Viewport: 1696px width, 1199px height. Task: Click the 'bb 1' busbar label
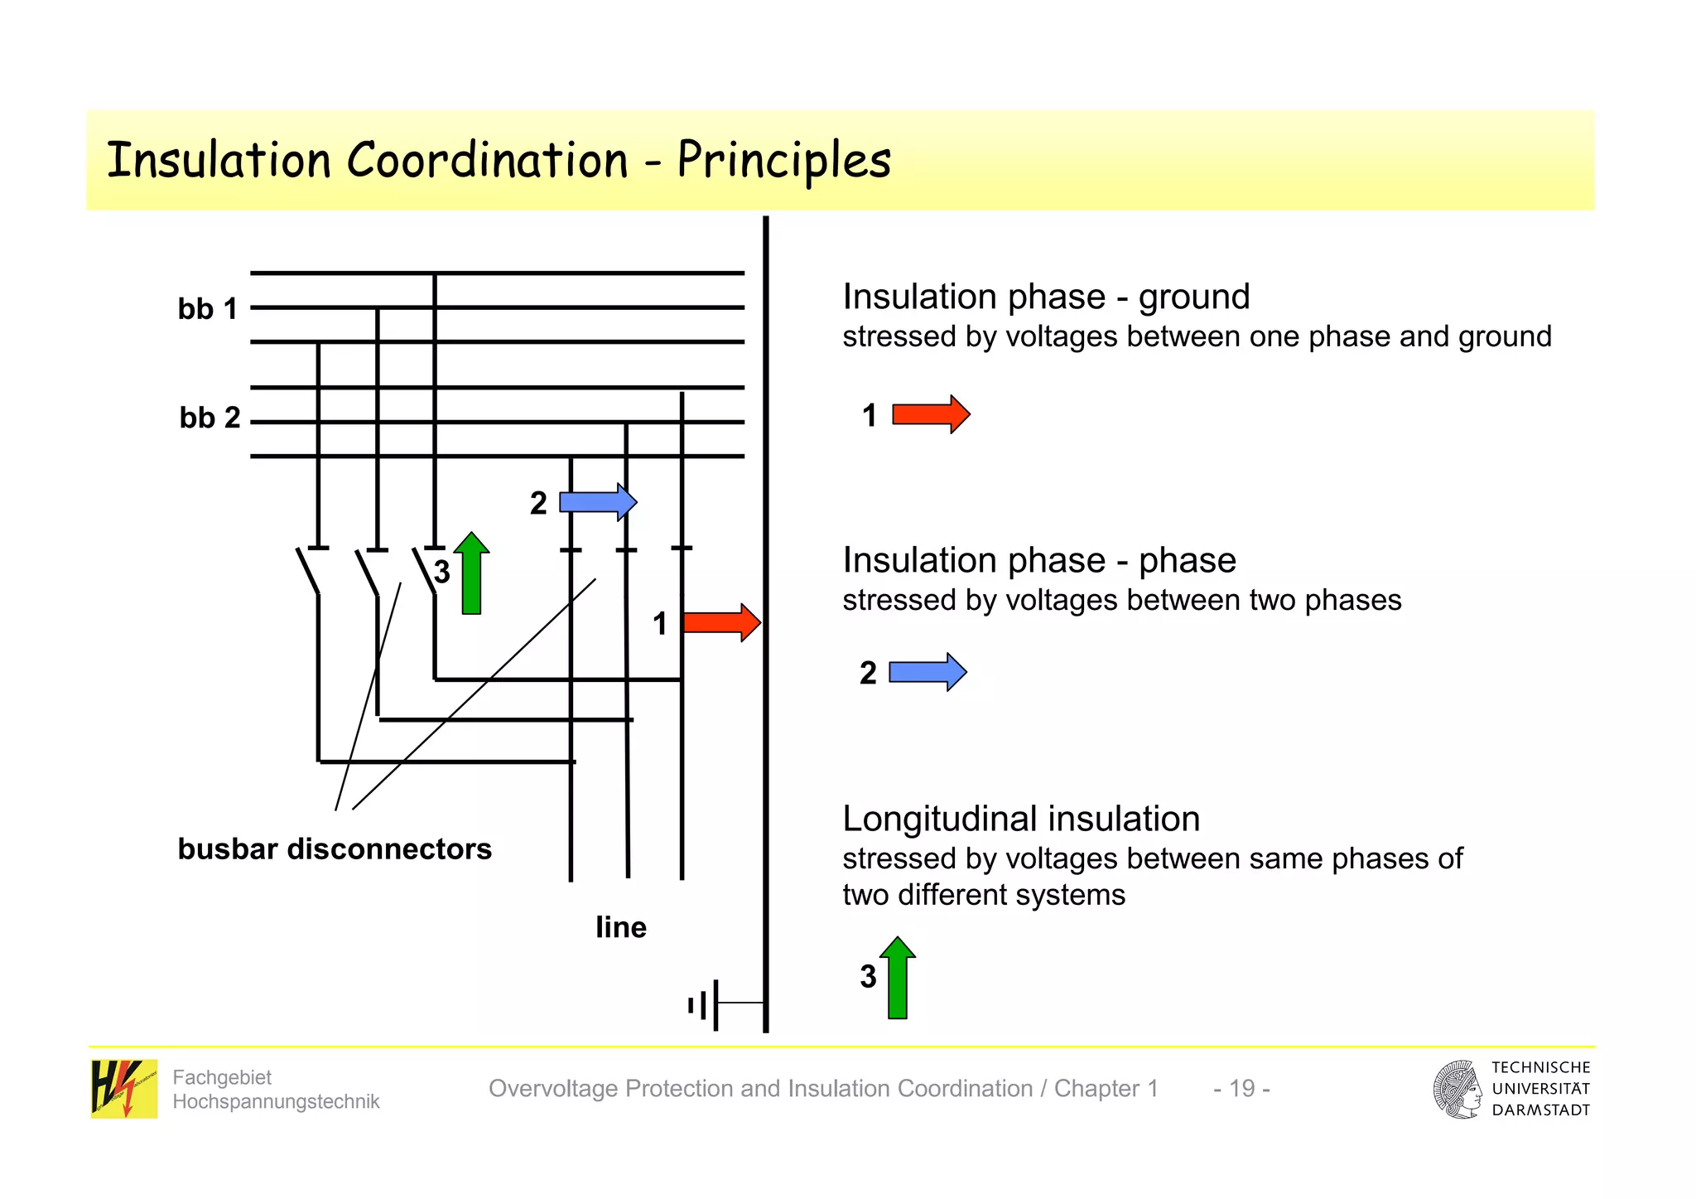[208, 309]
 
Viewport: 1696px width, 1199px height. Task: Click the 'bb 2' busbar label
[210, 418]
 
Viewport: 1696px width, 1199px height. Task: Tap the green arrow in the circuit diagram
[471, 573]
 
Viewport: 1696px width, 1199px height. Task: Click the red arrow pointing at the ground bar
[721, 622]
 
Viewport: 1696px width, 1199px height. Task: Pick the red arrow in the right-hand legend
[931, 414]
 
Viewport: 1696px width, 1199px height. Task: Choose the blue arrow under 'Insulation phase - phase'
[927, 672]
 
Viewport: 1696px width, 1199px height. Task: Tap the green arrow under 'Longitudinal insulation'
[897, 978]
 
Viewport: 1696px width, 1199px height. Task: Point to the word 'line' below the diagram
[621, 927]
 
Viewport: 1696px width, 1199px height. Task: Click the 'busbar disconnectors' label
[335, 849]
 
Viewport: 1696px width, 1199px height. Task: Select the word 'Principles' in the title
[783, 160]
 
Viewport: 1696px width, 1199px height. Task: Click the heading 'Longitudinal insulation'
[1020, 819]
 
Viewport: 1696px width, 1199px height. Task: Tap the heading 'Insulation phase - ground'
[1045, 297]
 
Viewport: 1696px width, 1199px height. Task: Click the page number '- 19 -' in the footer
[1241, 1088]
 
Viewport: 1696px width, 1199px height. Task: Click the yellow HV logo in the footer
[123, 1088]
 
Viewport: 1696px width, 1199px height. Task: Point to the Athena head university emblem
[1457, 1089]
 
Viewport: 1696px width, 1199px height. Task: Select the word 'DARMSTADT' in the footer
[1540, 1110]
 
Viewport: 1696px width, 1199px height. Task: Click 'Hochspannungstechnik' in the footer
[276, 1101]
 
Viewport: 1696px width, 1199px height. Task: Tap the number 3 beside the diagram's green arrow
[442, 572]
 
